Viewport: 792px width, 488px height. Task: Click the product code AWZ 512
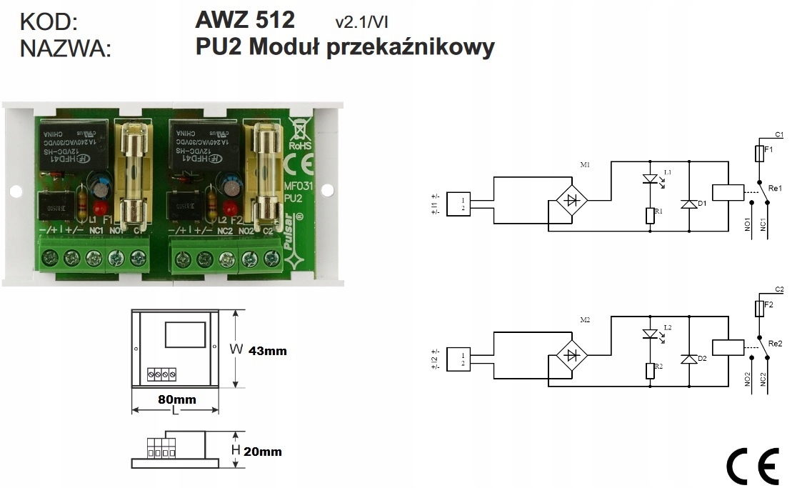(x=244, y=19)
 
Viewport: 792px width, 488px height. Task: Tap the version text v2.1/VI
(x=361, y=21)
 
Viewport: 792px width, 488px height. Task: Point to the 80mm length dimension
(x=176, y=399)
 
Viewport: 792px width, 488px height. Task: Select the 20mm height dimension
(x=262, y=451)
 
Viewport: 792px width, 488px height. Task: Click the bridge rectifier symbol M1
(x=571, y=199)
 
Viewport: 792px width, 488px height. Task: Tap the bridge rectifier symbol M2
(x=571, y=355)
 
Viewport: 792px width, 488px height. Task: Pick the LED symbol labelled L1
(x=650, y=179)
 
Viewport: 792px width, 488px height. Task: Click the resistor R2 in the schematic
(x=650, y=370)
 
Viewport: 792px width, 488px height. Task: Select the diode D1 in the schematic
(x=689, y=204)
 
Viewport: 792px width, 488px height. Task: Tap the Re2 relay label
(x=775, y=343)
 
